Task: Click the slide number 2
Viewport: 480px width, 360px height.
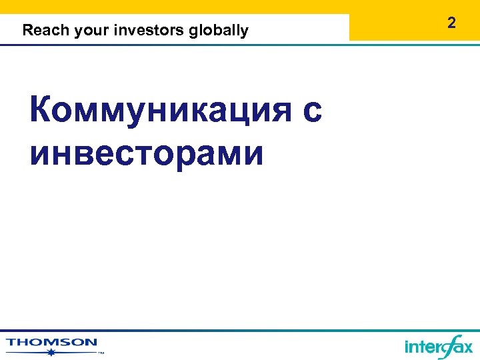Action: click(x=452, y=23)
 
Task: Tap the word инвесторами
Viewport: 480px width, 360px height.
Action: click(x=147, y=153)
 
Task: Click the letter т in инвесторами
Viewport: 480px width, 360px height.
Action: click(x=152, y=153)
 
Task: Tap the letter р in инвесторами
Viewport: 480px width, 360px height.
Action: click(x=197, y=156)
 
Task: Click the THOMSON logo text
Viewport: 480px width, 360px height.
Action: click(x=51, y=343)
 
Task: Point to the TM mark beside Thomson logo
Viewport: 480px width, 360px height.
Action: click(x=101, y=353)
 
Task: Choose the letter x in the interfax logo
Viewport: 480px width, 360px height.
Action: click(x=467, y=348)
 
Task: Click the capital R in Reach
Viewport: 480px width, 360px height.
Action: click(x=27, y=31)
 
